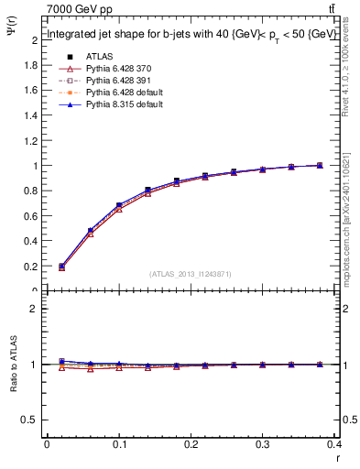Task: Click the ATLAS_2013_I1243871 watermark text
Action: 191,274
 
